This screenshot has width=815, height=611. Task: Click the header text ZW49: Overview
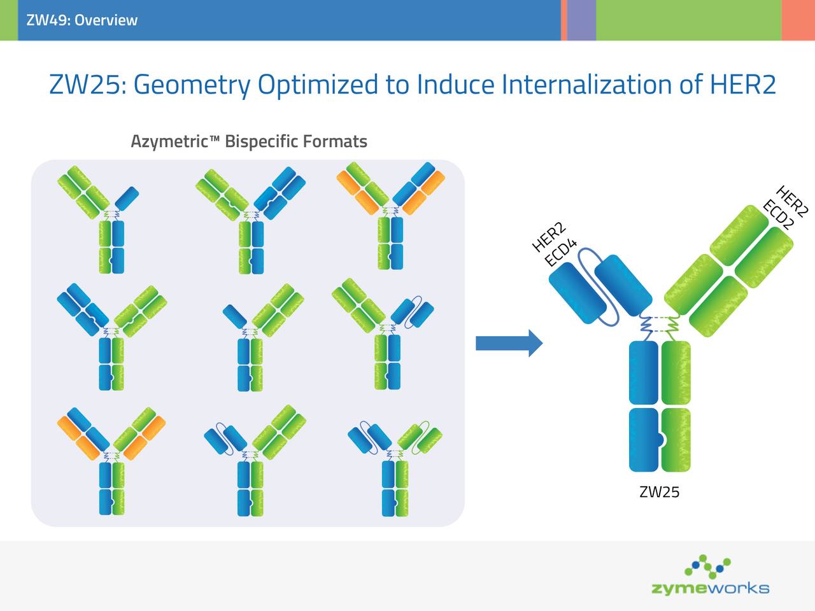pyautogui.click(x=81, y=20)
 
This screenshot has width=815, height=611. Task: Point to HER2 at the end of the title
pyautogui.click(x=742, y=84)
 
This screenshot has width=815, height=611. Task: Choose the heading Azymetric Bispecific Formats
pyautogui.click(x=248, y=141)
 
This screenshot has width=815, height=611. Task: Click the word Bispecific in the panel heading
pyautogui.click(x=261, y=141)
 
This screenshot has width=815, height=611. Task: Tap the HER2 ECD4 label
pyautogui.click(x=554, y=245)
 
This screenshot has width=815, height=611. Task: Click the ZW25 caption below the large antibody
pyautogui.click(x=659, y=492)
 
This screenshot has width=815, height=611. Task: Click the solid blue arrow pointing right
pyautogui.click(x=508, y=344)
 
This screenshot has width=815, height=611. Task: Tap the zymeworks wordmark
pyautogui.click(x=710, y=588)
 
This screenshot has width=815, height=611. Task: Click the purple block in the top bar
pyautogui.click(x=581, y=20)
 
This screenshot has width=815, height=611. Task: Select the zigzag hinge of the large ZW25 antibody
pyautogui.click(x=659, y=325)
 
